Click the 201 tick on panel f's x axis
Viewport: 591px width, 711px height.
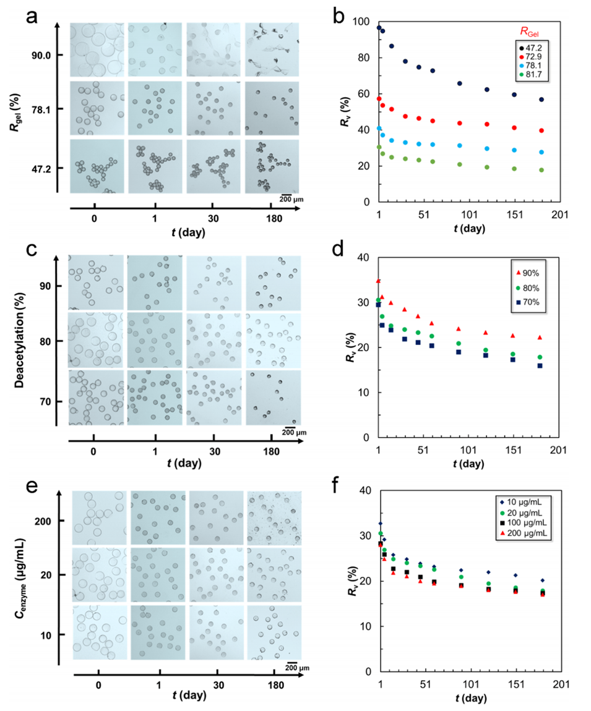tap(561, 684)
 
